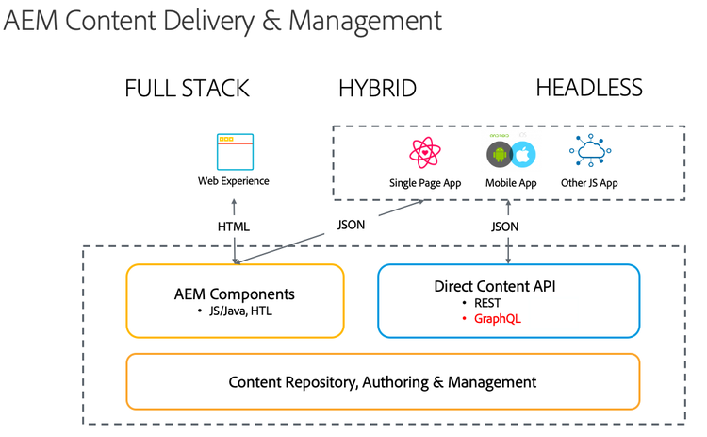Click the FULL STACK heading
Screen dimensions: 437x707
click(187, 89)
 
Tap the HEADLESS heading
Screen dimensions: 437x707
click(588, 89)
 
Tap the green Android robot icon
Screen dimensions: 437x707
click(498, 155)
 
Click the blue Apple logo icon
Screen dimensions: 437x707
click(523, 155)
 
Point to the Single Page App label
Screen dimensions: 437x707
click(425, 182)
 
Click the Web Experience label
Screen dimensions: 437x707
click(233, 181)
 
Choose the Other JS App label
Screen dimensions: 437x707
click(595, 182)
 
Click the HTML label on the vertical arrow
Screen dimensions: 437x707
click(234, 227)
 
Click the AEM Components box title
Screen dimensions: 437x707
click(234, 294)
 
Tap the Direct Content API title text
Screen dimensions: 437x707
click(508, 285)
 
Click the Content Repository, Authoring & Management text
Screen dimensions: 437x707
click(382, 382)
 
